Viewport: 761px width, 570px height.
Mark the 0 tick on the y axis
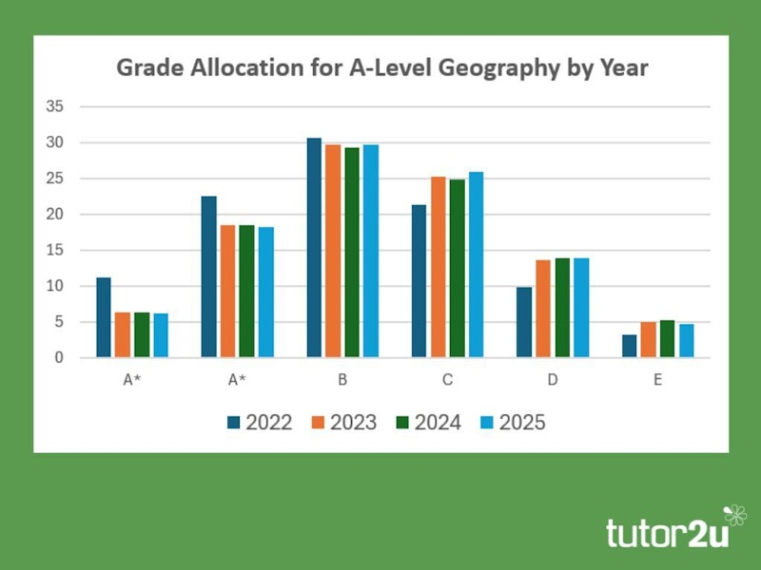point(59,358)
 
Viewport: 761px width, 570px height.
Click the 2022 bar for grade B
point(314,248)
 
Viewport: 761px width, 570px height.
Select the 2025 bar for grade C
point(476,265)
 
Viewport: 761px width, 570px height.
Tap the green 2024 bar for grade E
point(667,339)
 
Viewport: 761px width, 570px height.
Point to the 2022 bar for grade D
point(523,322)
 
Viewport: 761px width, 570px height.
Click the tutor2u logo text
point(667,533)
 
